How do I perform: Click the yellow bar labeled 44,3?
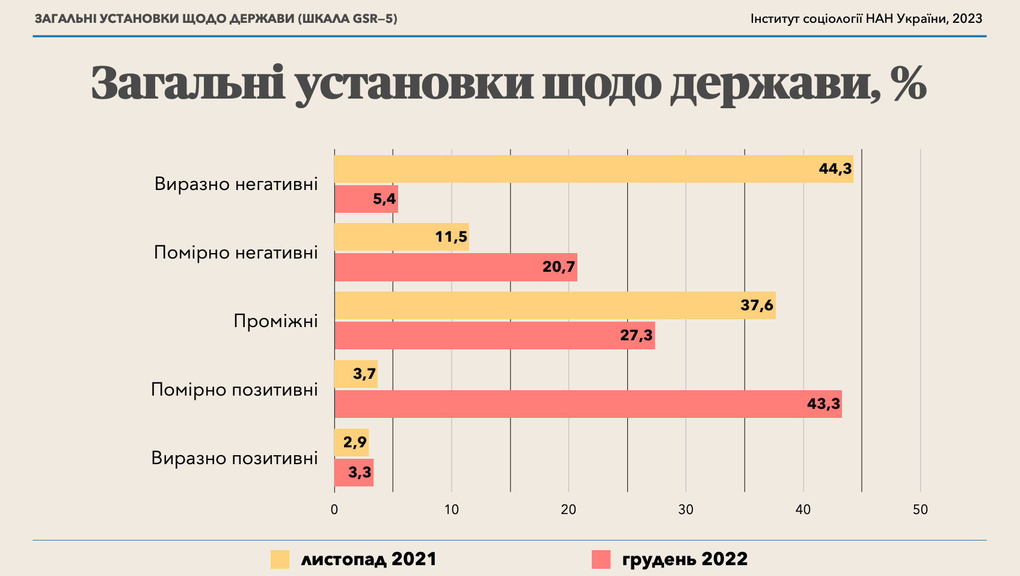click(593, 169)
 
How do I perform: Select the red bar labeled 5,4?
click(366, 199)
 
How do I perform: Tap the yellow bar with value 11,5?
click(401, 237)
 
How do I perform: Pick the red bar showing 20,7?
click(455, 267)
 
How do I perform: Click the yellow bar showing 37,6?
click(555, 305)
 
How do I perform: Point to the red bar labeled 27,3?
click(494, 335)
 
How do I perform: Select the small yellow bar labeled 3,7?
click(355, 374)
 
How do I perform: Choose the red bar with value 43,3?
click(588, 404)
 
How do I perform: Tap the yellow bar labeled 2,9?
click(351, 443)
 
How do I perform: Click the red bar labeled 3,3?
click(354, 473)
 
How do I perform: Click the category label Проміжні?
click(275, 321)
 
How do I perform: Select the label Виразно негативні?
click(236, 184)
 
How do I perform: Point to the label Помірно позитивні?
click(234, 390)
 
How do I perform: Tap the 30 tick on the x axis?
click(686, 510)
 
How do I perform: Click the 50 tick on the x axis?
click(920, 510)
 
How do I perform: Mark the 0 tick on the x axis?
click(334, 510)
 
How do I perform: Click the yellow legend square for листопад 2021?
click(280, 559)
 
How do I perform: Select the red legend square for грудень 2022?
click(601, 559)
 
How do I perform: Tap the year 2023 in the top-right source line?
click(967, 19)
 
